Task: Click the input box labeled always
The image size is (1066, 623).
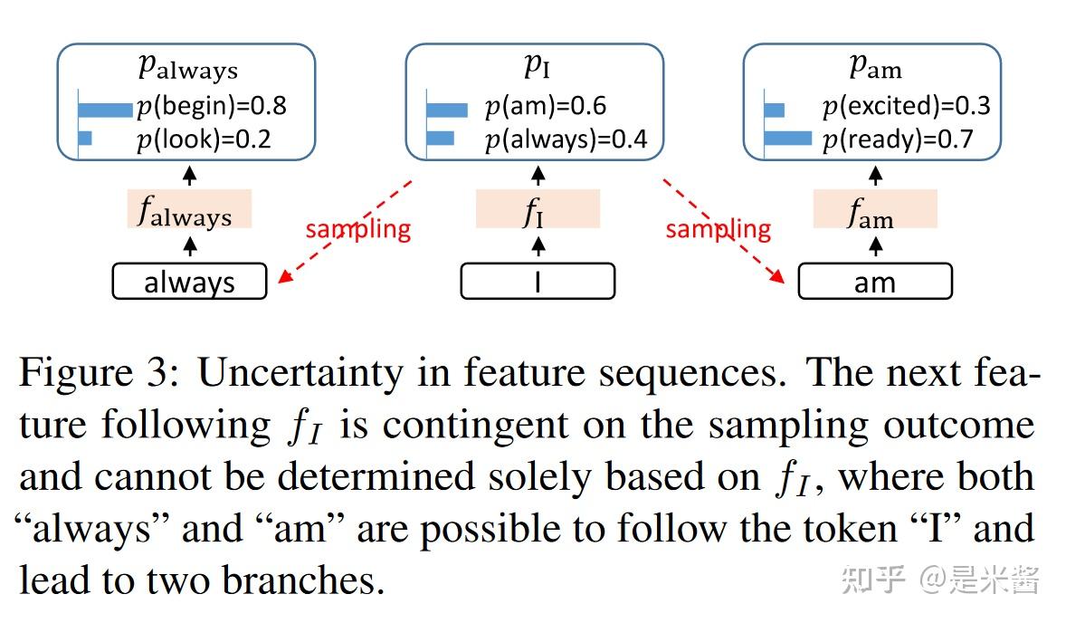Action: coord(189,282)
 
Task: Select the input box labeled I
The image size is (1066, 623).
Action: coord(538,282)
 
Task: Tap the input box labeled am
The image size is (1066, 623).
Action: coord(874,282)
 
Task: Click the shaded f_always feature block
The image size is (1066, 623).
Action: coord(188,210)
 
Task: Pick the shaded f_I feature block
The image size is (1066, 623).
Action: coord(538,210)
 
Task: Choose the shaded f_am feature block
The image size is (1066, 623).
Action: coord(874,210)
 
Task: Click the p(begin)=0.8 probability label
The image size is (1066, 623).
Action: coord(211,107)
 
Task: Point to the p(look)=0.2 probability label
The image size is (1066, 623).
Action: coord(204,139)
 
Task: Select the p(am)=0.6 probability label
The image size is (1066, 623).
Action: coord(545,108)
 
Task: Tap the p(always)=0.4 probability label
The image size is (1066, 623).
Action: coord(566,139)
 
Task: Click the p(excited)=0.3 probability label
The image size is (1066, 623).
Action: coord(906,107)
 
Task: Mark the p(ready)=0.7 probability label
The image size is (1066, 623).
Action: coord(897,139)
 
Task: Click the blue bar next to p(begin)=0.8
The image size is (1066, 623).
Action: coord(105,110)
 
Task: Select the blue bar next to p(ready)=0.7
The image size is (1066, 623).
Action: coord(788,139)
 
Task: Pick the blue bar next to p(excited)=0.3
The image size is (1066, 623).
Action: coord(775,110)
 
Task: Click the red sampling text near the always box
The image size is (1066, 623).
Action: coord(357,229)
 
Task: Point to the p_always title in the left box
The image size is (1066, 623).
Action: coord(187,67)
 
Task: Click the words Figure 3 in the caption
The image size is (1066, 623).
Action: coord(101,373)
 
